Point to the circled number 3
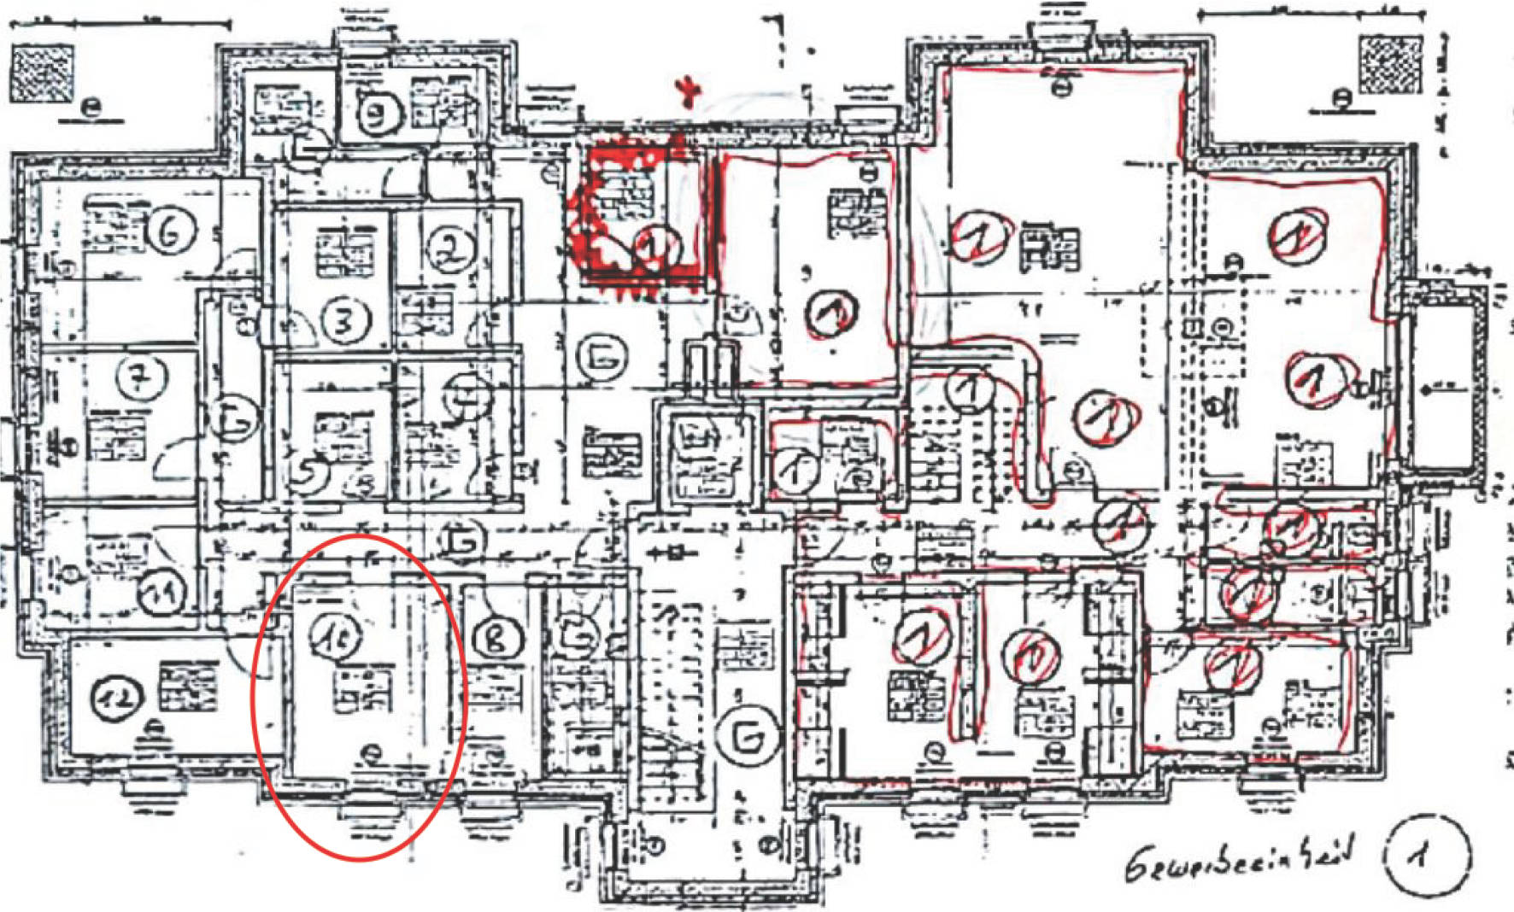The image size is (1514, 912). click(346, 320)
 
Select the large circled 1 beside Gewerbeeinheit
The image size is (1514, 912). click(1427, 856)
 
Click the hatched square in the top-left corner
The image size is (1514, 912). click(41, 73)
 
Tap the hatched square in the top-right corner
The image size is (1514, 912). click(1390, 64)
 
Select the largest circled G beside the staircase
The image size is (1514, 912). click(748, 737)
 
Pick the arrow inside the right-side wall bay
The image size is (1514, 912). click(1443, 389)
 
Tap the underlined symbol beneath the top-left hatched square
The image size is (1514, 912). click(91, 108)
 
